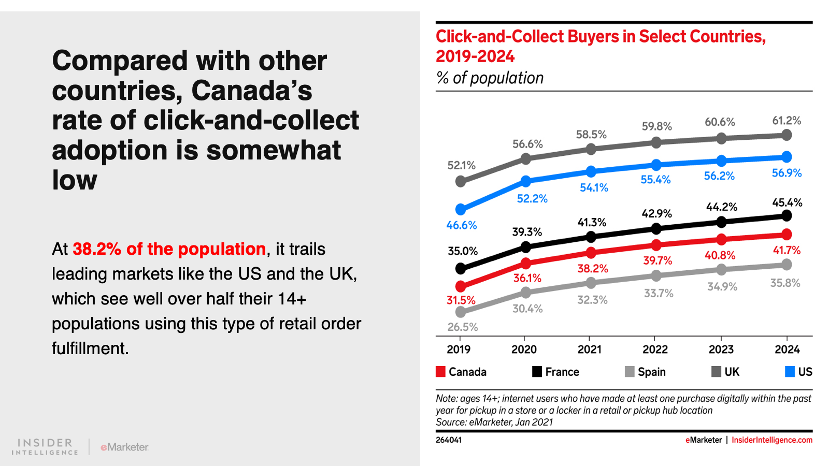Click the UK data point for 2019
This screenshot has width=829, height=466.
point(460,181)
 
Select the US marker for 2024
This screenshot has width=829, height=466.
point(786,156)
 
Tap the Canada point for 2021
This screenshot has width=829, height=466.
point(591,253)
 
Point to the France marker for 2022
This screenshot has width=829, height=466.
point(656,228)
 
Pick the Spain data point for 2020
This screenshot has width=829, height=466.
point(525,293)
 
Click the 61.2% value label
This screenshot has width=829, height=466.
point(787,121)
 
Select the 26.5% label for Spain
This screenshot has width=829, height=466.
point(463,327)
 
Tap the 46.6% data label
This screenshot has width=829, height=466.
point(461,225)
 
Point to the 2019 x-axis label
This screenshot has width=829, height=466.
point(459,349)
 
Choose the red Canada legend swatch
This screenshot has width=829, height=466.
point(440,372)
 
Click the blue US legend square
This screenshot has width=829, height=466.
point(790,372)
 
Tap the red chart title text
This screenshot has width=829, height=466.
point(600,46)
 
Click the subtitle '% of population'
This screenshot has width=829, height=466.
point(490,78)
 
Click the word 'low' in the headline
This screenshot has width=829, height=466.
point(75,180)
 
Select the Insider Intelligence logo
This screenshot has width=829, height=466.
point(45,447)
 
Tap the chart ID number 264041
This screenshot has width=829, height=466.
point(449,440)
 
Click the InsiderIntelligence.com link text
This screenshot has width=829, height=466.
point(771,440)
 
